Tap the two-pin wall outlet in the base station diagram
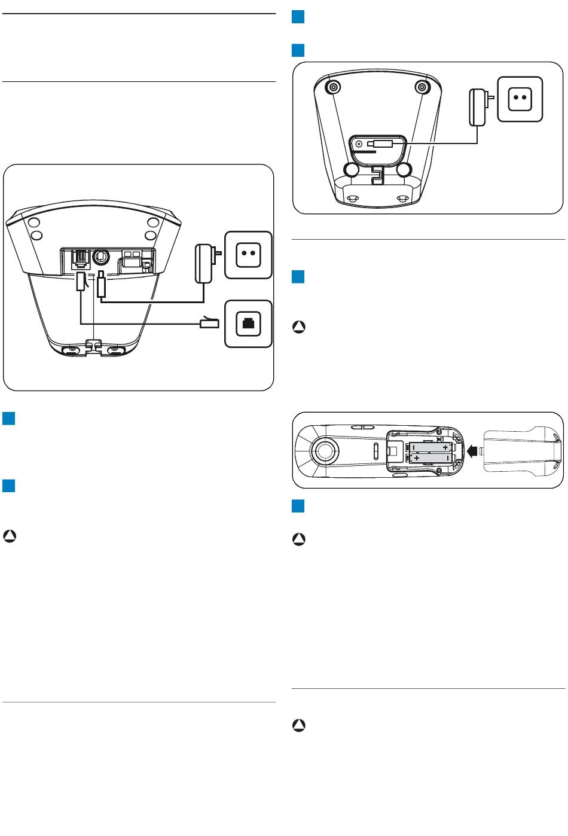pyautogui.click(x=248, y=254)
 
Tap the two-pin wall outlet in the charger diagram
pyautogui.click(x=520, y=100)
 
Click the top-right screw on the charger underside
pyautogui.click(x=423, y=87)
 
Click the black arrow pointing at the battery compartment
pyautogui.click(x=474, y=450)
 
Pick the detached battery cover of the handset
pyautogui.click(x=521, y=450)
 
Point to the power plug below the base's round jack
pyautogui.click(x=101, y=286)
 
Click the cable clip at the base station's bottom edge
pyautogui.click(x=93, y=346)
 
